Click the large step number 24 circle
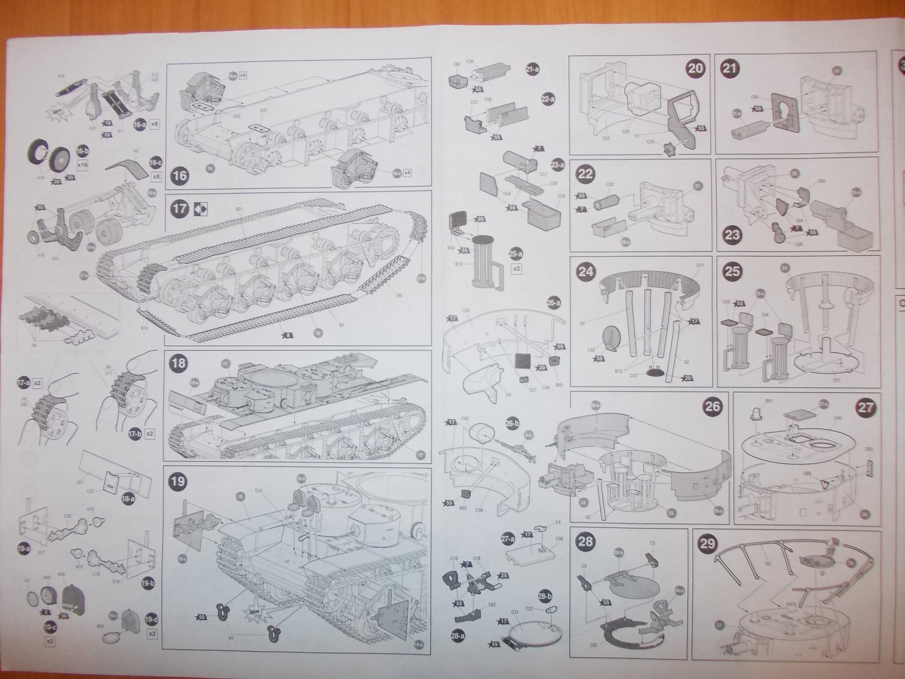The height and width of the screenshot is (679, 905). pos(587,270)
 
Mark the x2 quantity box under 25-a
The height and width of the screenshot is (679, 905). pos(515,269)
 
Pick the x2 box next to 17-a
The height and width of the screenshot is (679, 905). pos(37,383)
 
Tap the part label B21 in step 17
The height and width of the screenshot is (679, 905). pos(239,209)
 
